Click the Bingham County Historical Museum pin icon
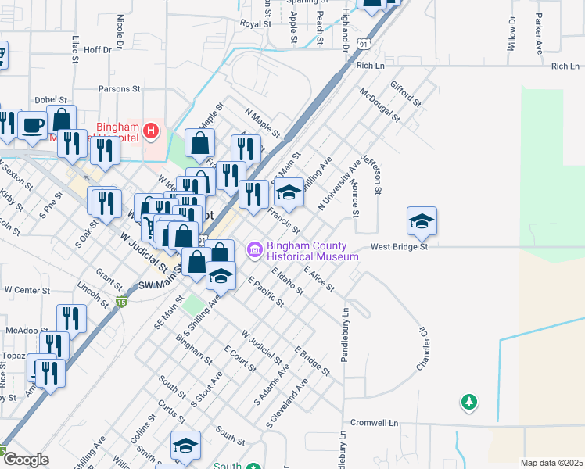(255, 250)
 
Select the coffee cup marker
(33, 125)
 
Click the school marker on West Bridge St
(422, 221)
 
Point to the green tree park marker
(469, 402)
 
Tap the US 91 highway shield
(364, 45)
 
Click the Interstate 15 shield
(120, 301)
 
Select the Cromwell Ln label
(372, 422)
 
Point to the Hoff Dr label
(98, 49)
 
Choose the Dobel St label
(53, 101)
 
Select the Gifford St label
(406, 93)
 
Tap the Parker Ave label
(539, 28)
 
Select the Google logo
(26, 460)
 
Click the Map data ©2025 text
(551, 463)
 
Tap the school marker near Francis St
(289, 192)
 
